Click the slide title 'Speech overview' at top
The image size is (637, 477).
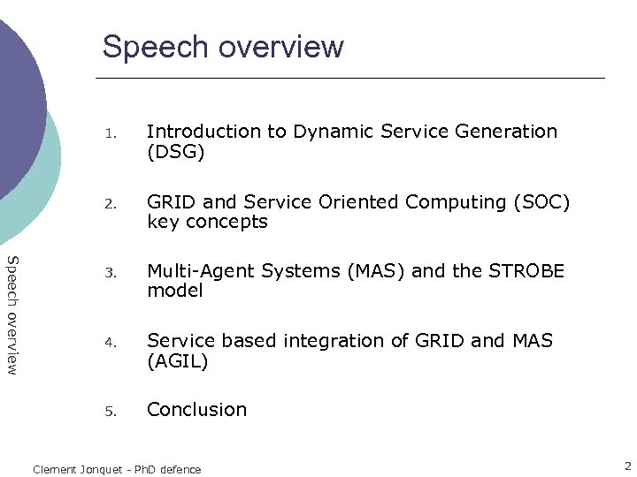point(223,46)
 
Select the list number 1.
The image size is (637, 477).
point(110,134)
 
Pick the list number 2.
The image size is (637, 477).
point(110,204)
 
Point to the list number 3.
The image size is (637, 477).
point(110,273)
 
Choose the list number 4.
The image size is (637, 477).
point(110,343)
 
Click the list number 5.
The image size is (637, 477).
point(110,412)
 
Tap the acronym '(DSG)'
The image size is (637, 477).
point(175,153)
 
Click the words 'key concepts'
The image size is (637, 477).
point(207,223)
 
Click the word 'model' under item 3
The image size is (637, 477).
point(174,291)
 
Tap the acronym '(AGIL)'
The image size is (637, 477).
point(177,361)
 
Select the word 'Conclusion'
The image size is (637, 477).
point(196,410)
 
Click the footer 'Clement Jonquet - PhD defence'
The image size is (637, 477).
point(117,469)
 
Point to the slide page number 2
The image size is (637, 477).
point(627,466)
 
